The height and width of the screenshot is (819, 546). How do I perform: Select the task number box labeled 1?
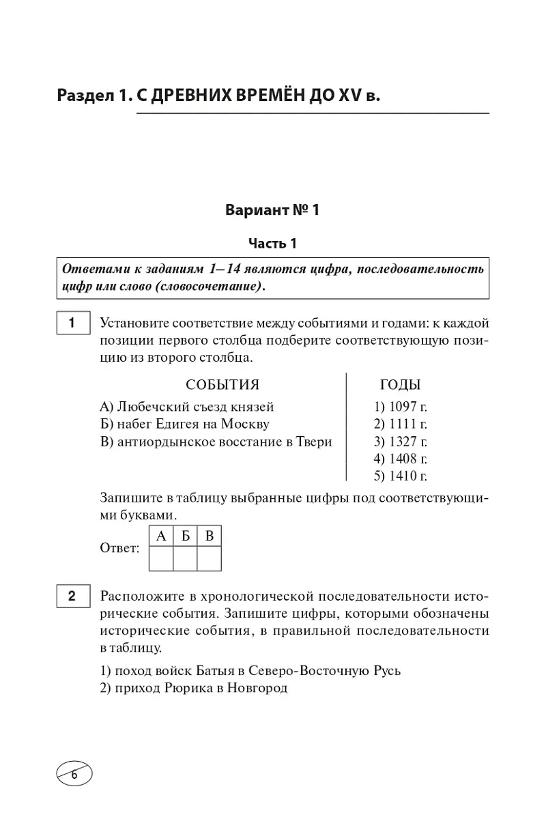71,323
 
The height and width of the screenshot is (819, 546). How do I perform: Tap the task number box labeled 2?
71,596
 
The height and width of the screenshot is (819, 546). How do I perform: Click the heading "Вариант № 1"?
272,210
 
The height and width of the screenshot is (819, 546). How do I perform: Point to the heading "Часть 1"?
272,244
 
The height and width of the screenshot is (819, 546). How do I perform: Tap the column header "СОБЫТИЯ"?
222,385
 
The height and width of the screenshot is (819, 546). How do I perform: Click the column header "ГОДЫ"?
400,385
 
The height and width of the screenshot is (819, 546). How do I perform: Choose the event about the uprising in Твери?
216,442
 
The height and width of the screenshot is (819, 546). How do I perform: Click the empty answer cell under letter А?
161,560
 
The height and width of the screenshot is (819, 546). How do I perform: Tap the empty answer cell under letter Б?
185,560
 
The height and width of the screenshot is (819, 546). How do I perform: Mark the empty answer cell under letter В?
210,560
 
